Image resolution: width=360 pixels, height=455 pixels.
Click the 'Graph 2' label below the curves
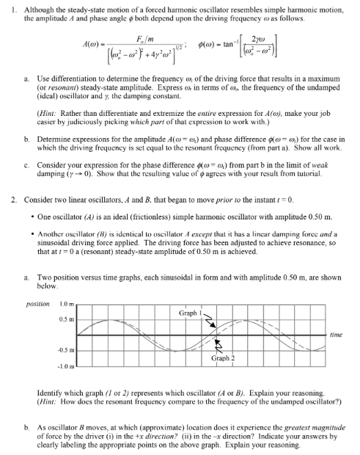tap(222, 358)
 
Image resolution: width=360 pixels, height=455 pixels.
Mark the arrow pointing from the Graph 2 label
tap(218, 347)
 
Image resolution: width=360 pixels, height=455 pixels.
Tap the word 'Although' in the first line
tap(36, 6)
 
